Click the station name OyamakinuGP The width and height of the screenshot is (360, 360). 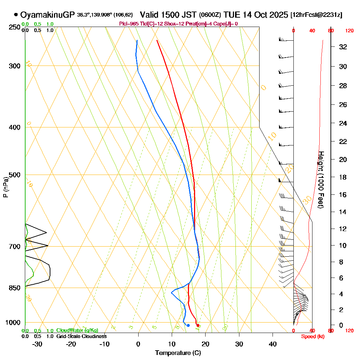[x=48, y=15]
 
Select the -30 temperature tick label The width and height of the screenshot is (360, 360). [x=37, y=344]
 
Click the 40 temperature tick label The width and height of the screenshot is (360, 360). [x=273, y=344]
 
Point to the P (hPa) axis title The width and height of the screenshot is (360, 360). [x=5, y=187]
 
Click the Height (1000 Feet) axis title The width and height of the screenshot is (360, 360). [x=321, y=180]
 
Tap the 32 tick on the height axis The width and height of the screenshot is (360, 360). [x=343, y=47]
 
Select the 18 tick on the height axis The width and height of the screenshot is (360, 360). [x=343, y=177]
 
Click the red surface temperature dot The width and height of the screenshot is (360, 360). [x=198, y=325]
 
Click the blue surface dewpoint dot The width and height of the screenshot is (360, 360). [x=188, y=325]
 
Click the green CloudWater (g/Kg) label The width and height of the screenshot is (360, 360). [x=77, y=330]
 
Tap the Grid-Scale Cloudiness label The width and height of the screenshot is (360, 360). [x=81, y=336]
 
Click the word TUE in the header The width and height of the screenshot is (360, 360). [x=230, y=15]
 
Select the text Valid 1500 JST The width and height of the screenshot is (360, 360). [x=168, y=15]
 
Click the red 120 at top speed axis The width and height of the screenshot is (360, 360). [x=349, y=31]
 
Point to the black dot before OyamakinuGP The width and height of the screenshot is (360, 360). [x=16, y=15]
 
